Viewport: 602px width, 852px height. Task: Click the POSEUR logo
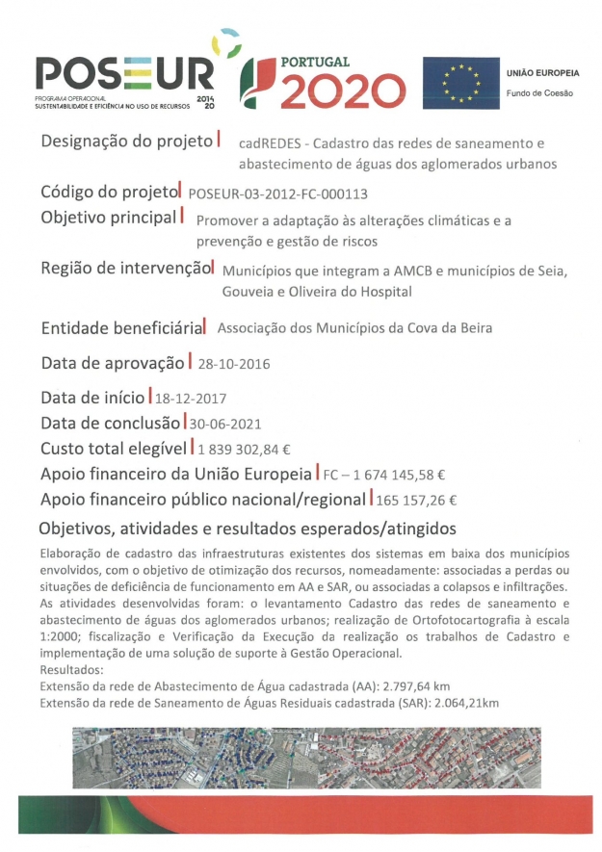[125, 75]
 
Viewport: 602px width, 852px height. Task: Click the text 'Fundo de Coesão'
[539, 93]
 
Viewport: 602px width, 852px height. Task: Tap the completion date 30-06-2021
[225, 423]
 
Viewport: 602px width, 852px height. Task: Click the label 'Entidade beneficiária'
[121, 328]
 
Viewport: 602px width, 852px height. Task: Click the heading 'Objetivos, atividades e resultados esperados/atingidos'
[247, 530]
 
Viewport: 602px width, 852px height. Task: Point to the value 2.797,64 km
[405, 686]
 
